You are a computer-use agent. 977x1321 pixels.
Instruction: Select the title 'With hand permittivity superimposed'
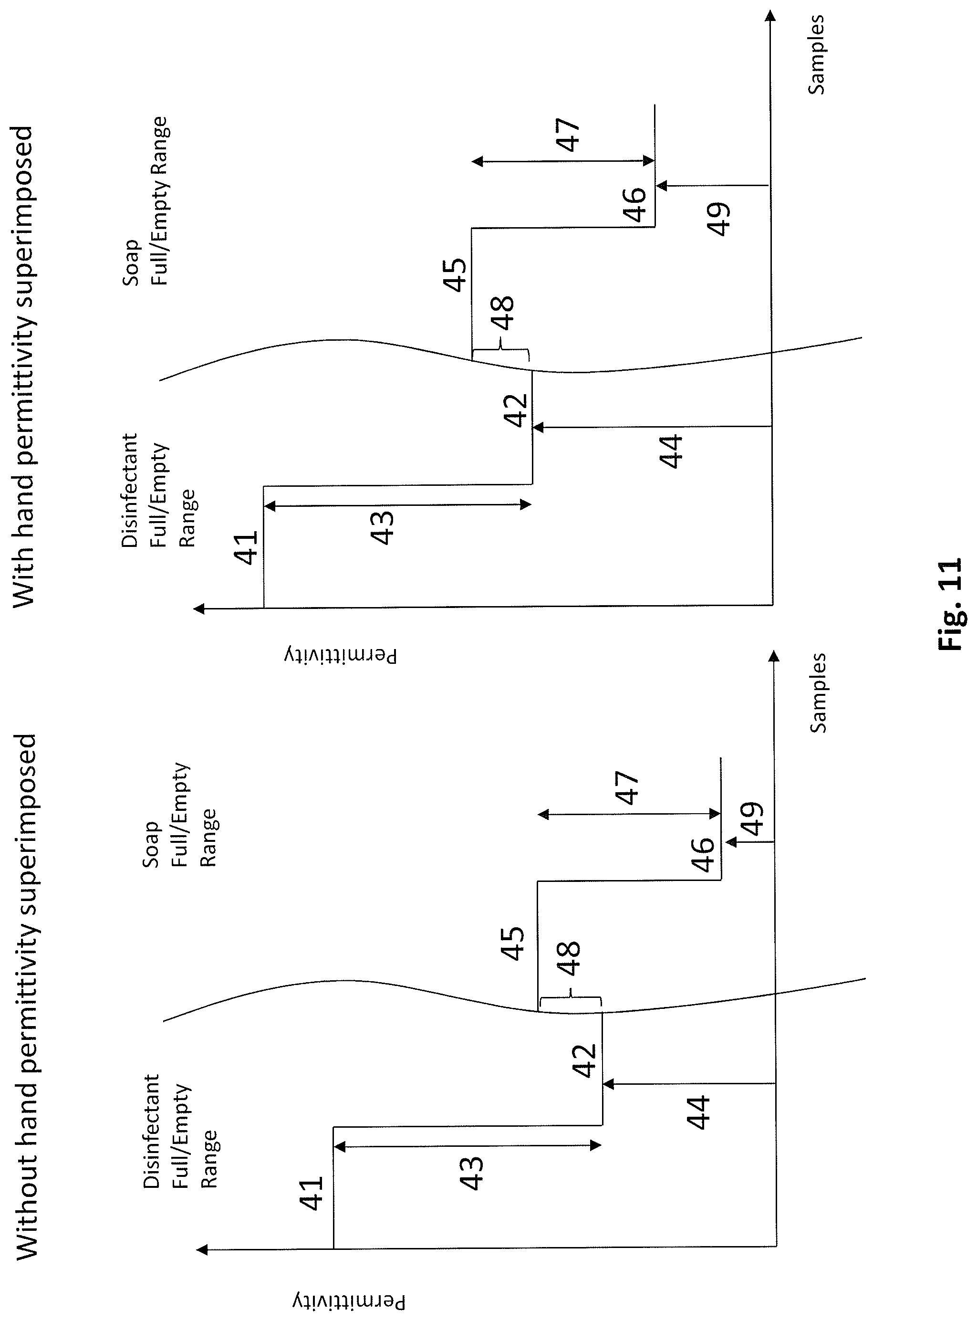click(x=24, y=366)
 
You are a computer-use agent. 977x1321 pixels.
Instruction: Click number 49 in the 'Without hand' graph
click(x=752, y=819)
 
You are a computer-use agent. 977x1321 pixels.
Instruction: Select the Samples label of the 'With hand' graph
click(x=816, y=55)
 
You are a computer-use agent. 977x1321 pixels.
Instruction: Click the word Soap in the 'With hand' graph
click(x=131, y=262)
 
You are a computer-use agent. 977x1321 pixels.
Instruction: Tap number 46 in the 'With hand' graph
click(x=634, y=204)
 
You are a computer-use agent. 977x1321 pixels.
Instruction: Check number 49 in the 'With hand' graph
click(x=720, y=219)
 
